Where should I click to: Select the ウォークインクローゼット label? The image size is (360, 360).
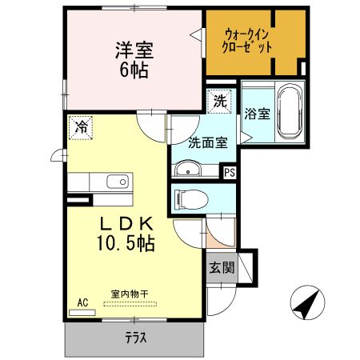point(249,39)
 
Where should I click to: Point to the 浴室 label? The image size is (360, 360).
point(258,114)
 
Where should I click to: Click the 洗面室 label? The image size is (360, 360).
point(208,144)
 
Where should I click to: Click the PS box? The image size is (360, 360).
point(230,171)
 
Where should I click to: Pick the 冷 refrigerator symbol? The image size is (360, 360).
point(80,126)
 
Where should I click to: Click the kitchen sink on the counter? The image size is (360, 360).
point(117,182)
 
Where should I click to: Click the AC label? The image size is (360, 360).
point(82,302)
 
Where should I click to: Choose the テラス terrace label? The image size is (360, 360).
point(135,337)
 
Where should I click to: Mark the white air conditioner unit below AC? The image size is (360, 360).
point(82,312)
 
